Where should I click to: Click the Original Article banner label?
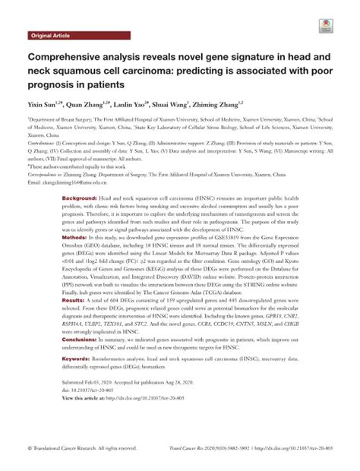(51, 36)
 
